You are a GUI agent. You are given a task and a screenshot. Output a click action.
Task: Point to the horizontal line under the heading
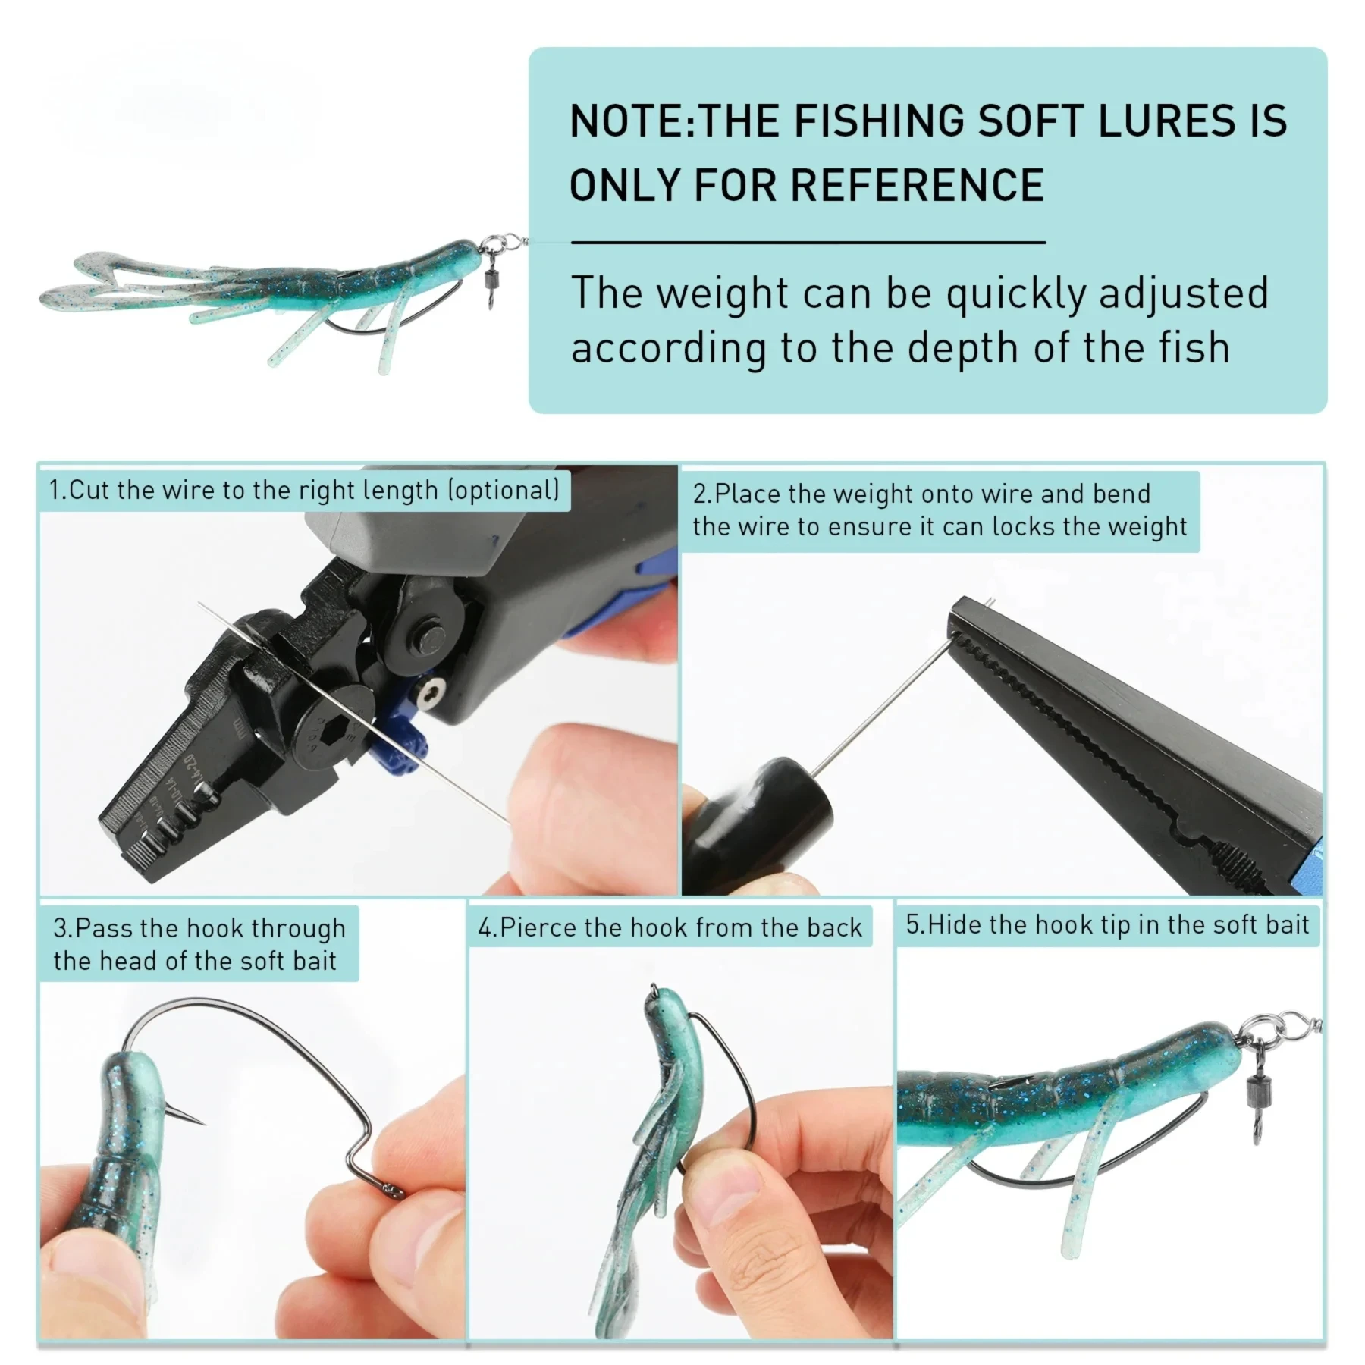[808, 243]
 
